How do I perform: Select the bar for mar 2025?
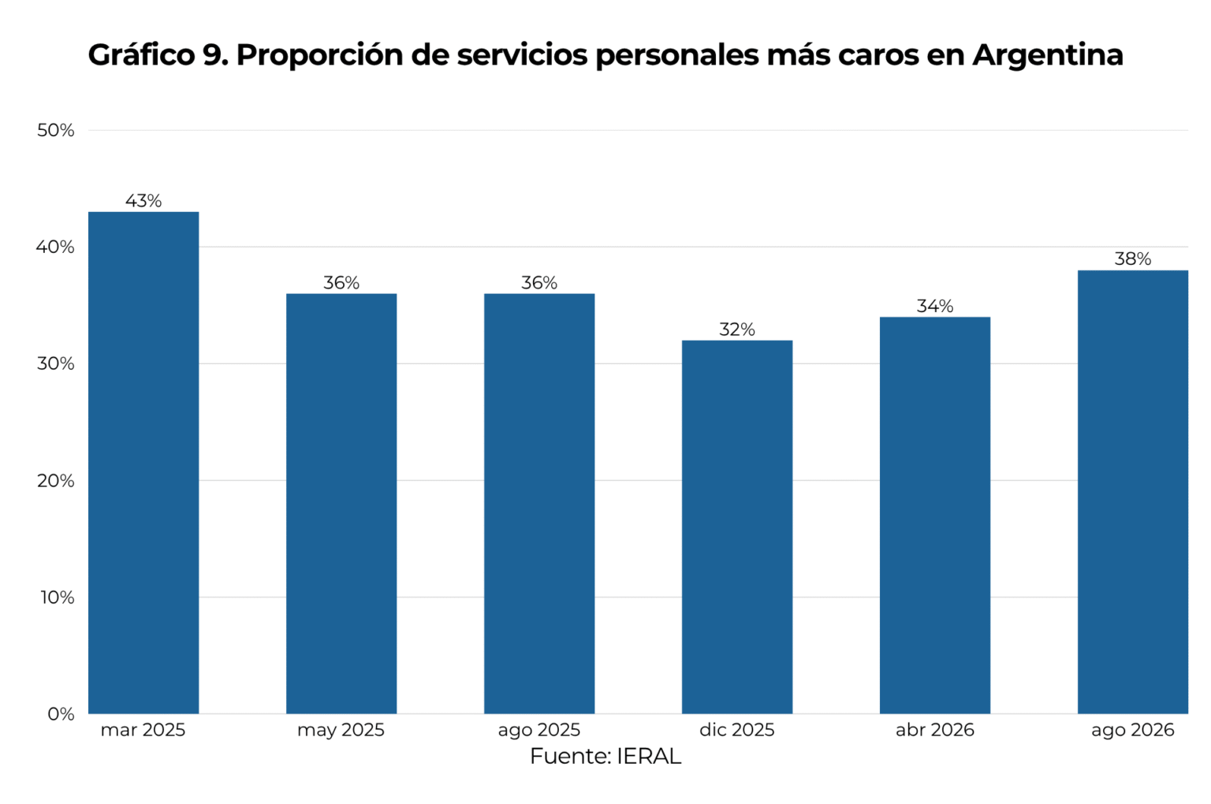click(143, 463)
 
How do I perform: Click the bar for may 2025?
click(341, 504)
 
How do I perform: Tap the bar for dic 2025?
click(737, 527)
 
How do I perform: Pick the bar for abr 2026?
click(935, 516)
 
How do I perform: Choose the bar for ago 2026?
click(1133, 492)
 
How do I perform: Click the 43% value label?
click(143, 201)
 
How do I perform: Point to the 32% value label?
click(737, 329)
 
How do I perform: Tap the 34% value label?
click(935, 306)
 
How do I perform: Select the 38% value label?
click(1133, 259)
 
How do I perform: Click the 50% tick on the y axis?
click(55, 130)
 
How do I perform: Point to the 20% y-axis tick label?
click(55, 480)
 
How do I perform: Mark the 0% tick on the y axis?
click(61, 714)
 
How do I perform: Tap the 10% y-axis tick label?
click(57, 597)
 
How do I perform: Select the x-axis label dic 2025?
click(737, 729)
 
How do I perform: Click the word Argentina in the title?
click(1048, 56)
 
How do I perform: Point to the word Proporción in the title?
click(319, 56)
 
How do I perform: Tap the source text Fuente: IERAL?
click(605, 757)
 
